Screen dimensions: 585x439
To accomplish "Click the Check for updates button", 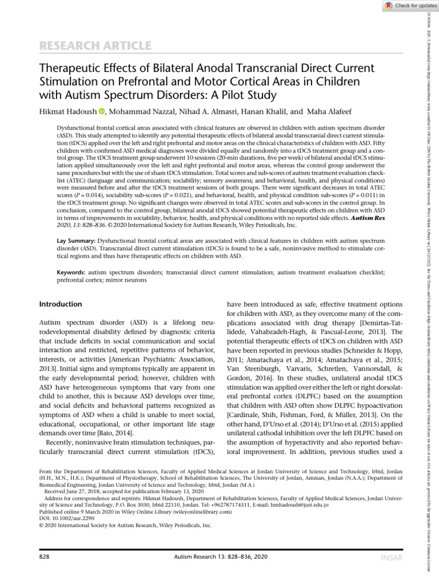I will coord(404,5).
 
